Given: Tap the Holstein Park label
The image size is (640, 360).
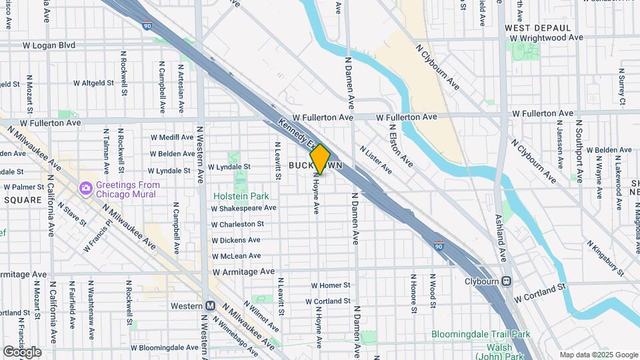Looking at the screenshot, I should [x=241, y=196].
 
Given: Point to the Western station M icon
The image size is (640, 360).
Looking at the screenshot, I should [x=210, y=306].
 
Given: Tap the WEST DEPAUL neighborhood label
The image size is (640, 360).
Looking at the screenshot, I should [x=538, y=28].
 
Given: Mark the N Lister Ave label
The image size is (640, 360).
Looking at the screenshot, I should [x=375, y=161].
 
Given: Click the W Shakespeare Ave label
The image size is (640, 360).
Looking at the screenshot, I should [x=243, y=209].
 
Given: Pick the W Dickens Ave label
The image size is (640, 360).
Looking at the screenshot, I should [x=236, y=240].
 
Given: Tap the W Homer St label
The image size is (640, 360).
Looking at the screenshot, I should [x=331, y=285].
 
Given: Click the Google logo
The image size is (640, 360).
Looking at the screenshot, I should [x=22, y=351].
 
